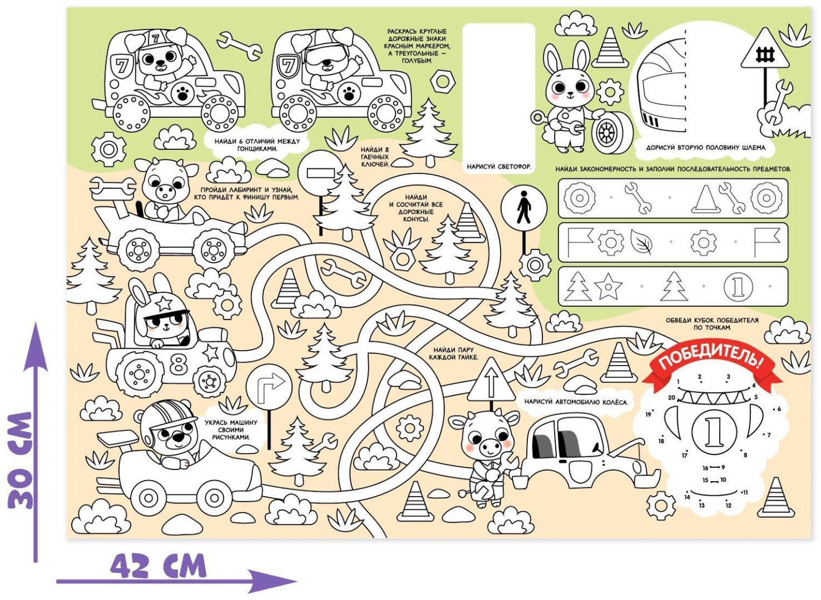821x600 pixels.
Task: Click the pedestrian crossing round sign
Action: (x=524, y=208)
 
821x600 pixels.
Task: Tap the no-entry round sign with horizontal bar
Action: (x=321, y=173)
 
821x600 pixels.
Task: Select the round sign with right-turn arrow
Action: (x=269, y=386)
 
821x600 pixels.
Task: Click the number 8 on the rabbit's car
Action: (x=179, y=364)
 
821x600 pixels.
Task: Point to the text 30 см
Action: (x=21, y=460)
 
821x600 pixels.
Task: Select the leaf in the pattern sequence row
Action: (x=641, y=243)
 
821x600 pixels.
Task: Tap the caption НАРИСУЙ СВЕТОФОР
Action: (x=499, y=167)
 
